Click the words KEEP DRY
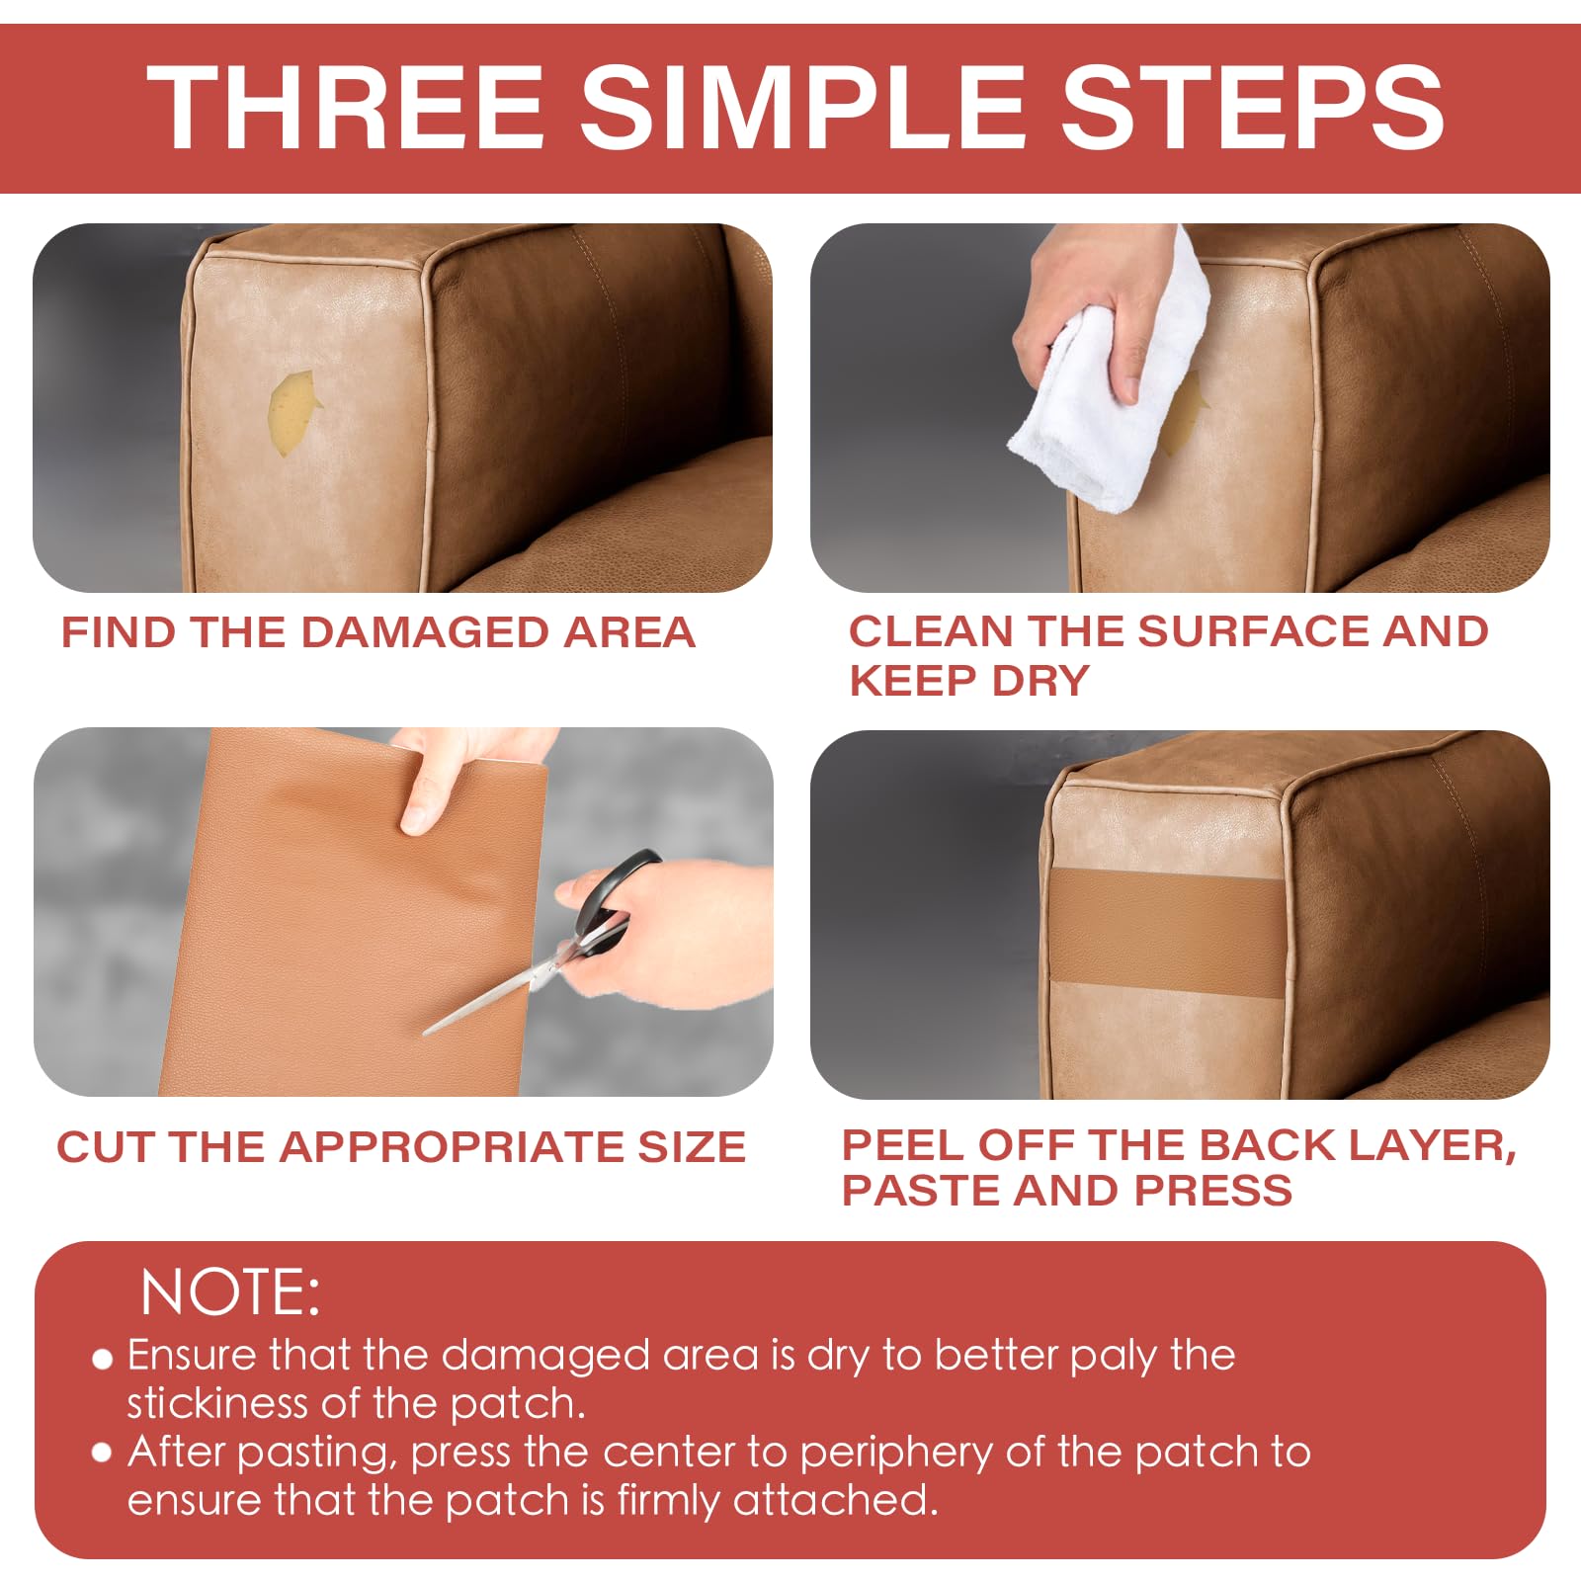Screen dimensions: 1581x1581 click(x=968, y=681)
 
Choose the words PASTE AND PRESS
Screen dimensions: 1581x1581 click(x=1066, y=1191)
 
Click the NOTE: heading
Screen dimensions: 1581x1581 click(x=230, y=1292)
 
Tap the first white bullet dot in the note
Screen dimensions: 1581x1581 click(x=102, y=1359)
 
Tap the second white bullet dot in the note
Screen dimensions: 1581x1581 click(x=102, y=1453)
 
